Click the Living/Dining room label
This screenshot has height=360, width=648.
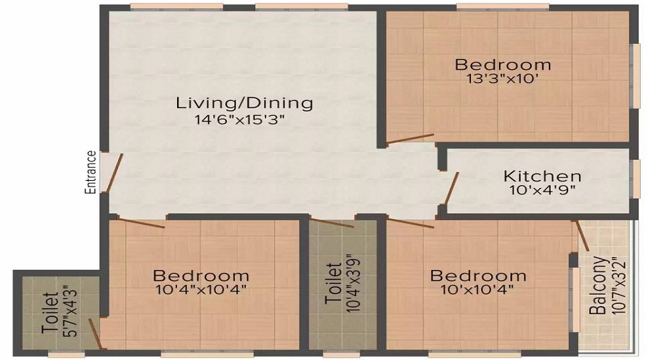click(244, 103)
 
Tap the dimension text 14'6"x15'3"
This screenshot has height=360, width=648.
click(240, 120)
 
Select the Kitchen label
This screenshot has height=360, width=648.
click(542, 176)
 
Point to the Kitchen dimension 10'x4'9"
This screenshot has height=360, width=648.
click(542, 190)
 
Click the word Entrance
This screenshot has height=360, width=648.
click(91, 172)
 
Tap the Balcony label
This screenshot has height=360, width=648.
click(598, 286)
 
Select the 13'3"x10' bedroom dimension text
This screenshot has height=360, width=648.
click(503, 78)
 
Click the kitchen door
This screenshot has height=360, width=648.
click(451, 189)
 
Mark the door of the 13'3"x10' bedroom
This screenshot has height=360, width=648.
click(410, 139)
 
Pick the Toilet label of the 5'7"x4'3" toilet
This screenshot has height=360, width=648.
click(50, 313)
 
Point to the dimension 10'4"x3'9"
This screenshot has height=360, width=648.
click(354, 283)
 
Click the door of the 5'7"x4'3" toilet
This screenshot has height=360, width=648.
click(95, 334)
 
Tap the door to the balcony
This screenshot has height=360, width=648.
click(582, 236)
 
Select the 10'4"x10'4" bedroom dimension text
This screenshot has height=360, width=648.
click(202, 289)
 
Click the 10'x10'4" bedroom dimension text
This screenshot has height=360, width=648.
click(477, 289)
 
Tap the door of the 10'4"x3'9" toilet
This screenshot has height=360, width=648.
click(332, 222)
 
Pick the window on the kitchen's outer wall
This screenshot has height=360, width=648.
click(633, 178)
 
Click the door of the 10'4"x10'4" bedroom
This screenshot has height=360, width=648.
click(142, 222)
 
